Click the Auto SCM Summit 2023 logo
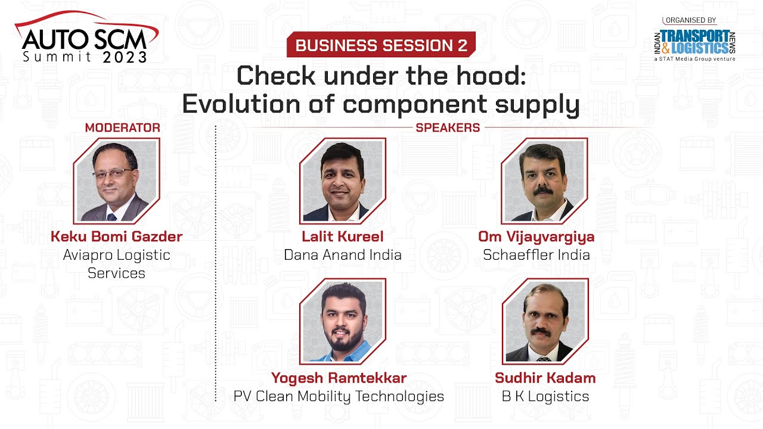(86, 39)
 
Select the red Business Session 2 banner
(381, 45)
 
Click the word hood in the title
(494, 76)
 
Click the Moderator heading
(122, 128)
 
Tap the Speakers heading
(448, 128)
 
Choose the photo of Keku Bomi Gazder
(116, 181)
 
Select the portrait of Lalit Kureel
(342, 181)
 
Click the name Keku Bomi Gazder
(116, 237)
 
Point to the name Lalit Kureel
(342, 237)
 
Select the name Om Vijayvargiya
(536, 237)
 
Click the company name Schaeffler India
(536, 255)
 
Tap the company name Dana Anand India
(342, 255)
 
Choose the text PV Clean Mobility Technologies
(339, 396)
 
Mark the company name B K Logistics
(544, 396)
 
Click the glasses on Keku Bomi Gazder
(112, 173)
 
